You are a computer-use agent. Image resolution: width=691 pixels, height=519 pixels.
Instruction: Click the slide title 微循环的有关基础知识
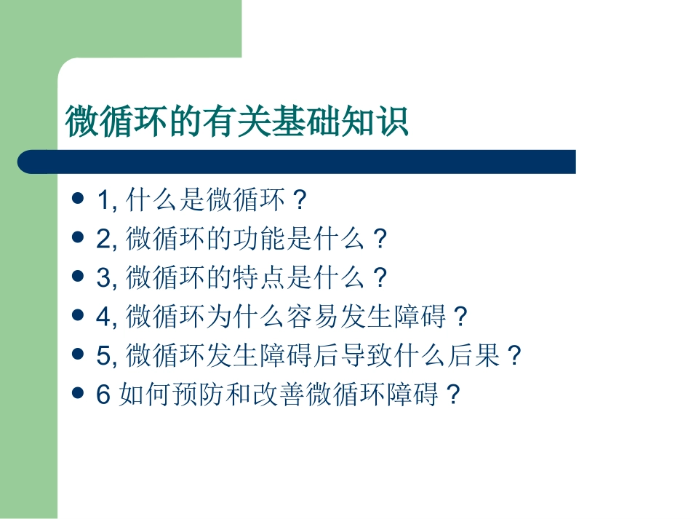tap(237, 122)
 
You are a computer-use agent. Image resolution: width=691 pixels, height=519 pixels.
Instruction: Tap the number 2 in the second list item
tap(102, 239)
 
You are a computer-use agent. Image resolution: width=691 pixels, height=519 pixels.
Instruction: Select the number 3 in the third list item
tap(102, 278)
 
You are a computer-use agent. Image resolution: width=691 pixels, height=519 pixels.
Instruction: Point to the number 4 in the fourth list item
tap(102, 317)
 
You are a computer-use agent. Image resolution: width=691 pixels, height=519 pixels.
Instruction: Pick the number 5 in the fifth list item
tap(102, 357)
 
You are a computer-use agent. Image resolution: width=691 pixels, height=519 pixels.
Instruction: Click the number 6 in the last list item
tap(102, 396)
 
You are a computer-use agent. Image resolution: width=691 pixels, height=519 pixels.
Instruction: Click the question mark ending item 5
tap(514, 357)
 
